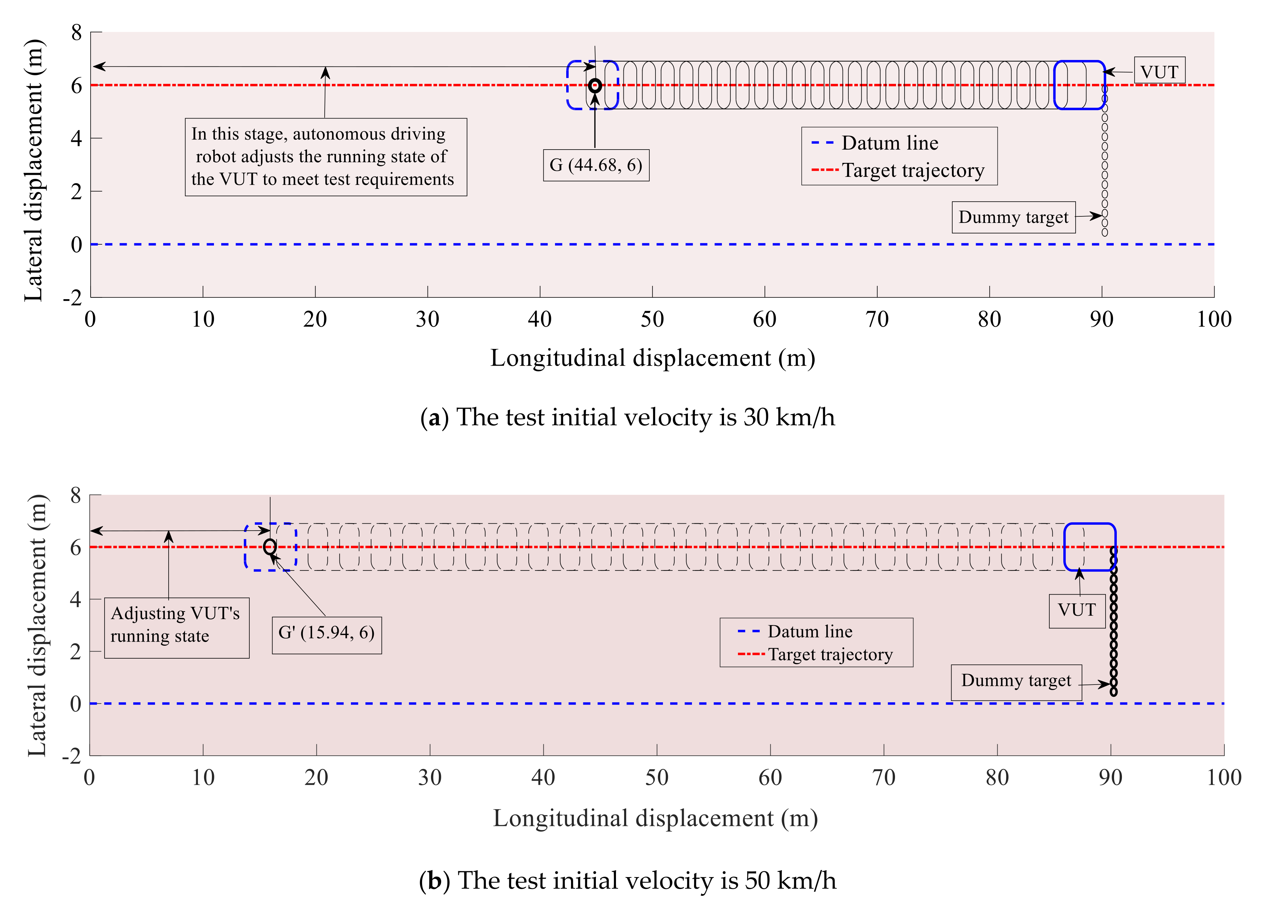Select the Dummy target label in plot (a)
point(1013,217)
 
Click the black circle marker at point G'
point(270,547)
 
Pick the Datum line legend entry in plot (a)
point(890,143)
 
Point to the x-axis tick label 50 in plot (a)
point(652,319)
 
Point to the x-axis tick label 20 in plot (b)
point(316,777)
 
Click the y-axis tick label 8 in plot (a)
point(76,33)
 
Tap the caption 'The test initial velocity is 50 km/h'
point(628,880)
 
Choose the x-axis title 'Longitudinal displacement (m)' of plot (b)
point(655,818)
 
